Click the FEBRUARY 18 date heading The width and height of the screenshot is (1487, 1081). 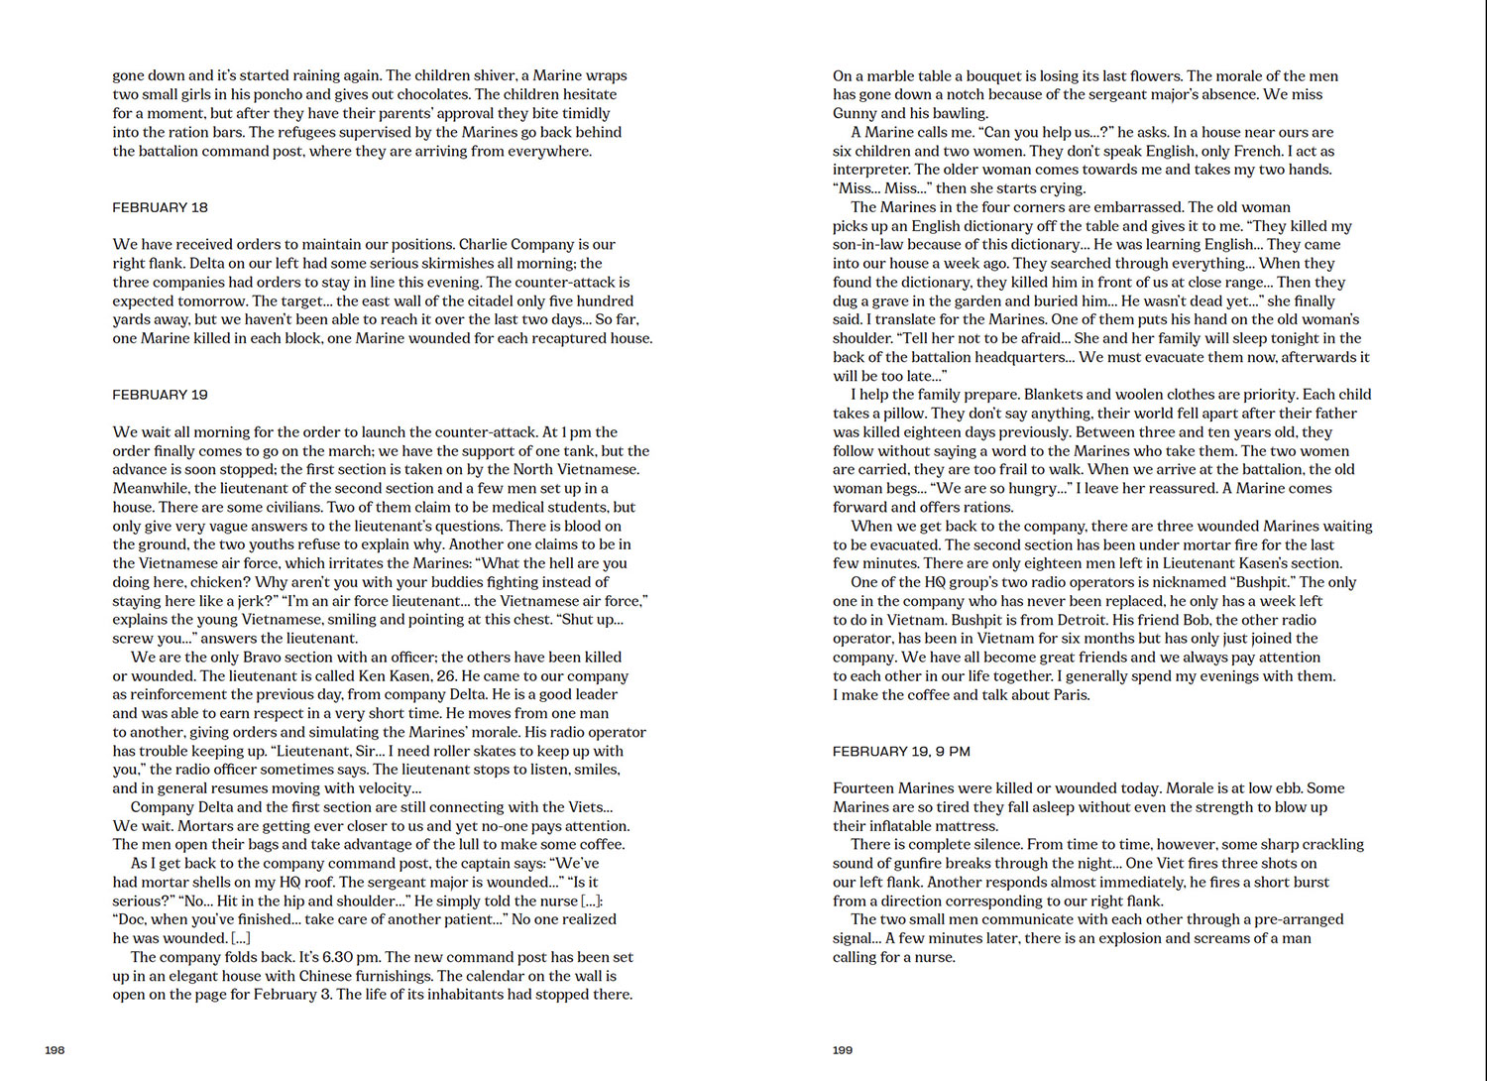160,207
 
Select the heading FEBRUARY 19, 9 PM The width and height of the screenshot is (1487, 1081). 901,751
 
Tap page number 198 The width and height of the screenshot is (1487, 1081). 55,1049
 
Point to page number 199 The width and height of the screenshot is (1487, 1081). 843,1049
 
